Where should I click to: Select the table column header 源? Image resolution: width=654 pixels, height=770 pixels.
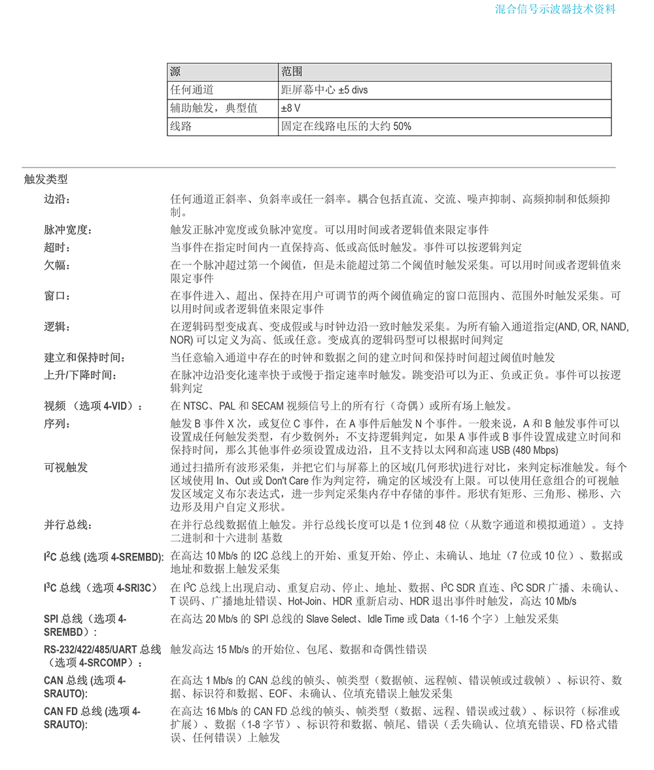175,72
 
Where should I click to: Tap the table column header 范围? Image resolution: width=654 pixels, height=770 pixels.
292,72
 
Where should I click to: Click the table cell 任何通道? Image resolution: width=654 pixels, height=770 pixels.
192,90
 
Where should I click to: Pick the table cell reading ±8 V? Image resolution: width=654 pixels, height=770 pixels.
291,109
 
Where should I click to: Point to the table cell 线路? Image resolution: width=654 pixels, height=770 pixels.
181,126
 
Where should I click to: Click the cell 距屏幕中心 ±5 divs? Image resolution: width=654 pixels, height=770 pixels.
324,90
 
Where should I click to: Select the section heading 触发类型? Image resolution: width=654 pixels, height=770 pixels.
46,179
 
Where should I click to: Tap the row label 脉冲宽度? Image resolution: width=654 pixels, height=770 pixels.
68,230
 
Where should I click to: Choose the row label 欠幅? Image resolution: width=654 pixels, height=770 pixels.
57,266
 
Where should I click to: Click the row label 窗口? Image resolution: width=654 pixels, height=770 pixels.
57,296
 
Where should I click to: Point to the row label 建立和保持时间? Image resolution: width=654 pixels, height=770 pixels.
84,358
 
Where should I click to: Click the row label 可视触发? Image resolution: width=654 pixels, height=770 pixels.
65,468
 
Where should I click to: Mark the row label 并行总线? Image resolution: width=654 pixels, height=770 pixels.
68,525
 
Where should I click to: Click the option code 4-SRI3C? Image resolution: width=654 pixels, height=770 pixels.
136,588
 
